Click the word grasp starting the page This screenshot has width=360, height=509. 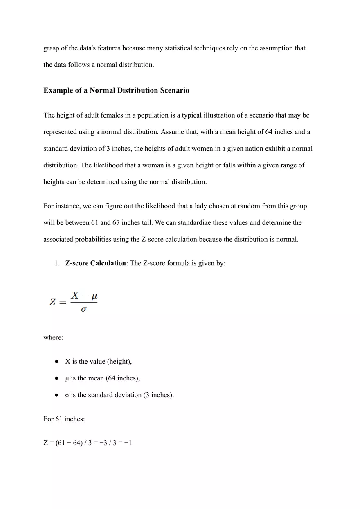pos(52,48)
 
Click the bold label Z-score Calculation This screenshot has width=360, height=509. pos(95,263)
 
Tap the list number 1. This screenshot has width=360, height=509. pos(57,263)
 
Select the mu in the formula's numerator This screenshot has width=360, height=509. pos(94,295)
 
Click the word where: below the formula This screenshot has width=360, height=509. pos(53,338)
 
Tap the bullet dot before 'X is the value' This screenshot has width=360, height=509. pos(56,362)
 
